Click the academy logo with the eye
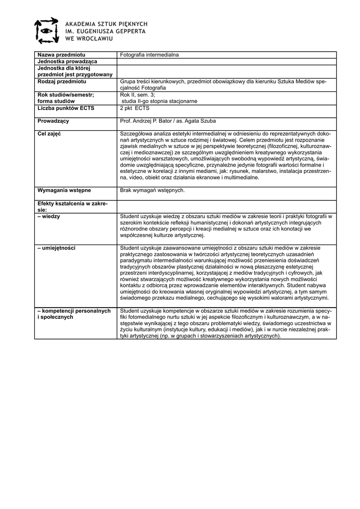click(46, 30)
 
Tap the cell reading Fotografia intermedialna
click(149, 55)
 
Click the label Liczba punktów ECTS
click(66, 108)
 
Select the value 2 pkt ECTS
click(135, 108)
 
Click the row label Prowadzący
click(53, 121)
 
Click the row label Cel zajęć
click(49, 134)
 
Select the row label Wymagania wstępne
click(64, 190)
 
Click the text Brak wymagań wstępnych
click(153, 190)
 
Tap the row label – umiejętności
click(56, 248)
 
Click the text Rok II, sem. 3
click(138, 94)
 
